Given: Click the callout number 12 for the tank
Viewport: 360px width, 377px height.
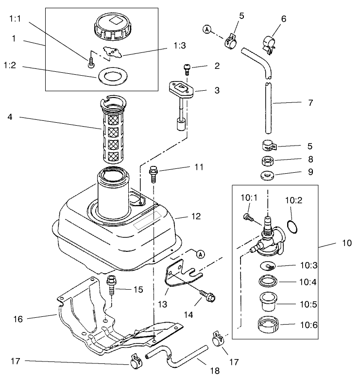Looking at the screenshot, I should (196, 216).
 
